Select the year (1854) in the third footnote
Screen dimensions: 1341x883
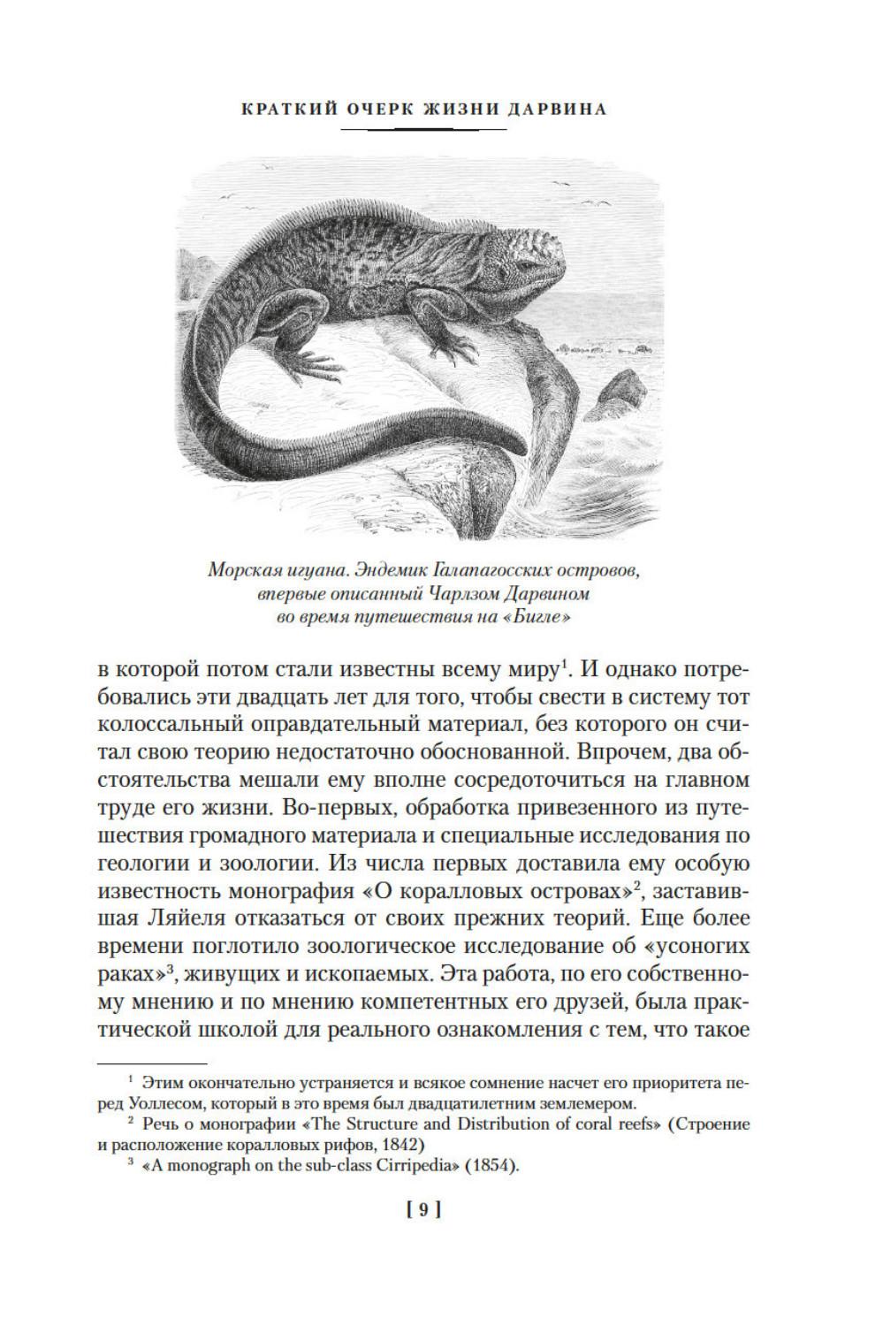click(x=491, y=1166)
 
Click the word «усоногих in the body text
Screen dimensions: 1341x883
click(x=697, y=945)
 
